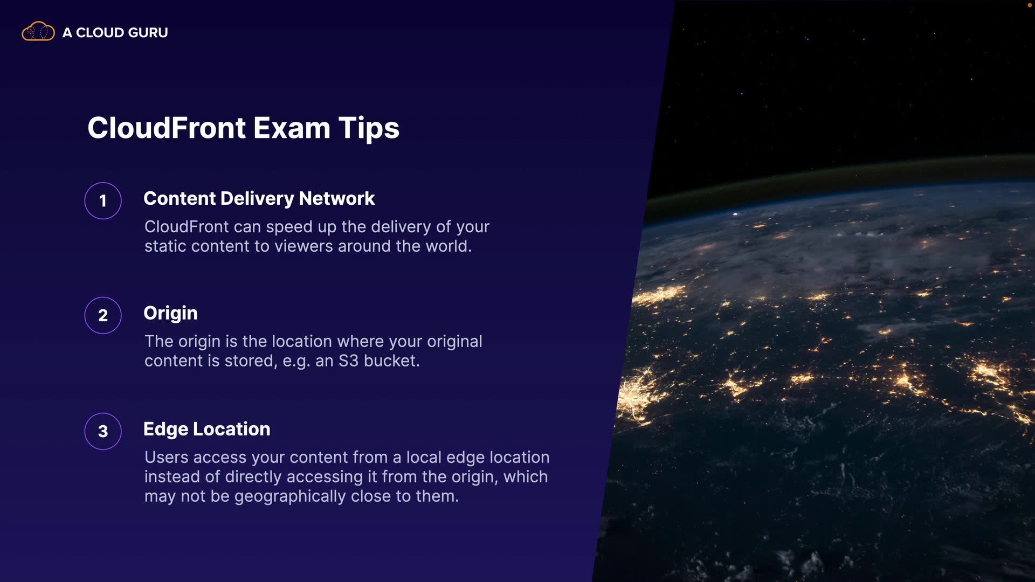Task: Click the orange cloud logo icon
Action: tap(38, 32)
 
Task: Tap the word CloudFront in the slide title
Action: tap(167, 128)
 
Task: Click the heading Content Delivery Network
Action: tap(259, 199)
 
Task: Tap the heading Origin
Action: tap(170, 314)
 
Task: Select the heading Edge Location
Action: tap(207, 429)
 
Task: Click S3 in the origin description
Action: tap(348, 361)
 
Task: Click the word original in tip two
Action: tap(454, 342)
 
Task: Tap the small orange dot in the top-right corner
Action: tap(1029, 5)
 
